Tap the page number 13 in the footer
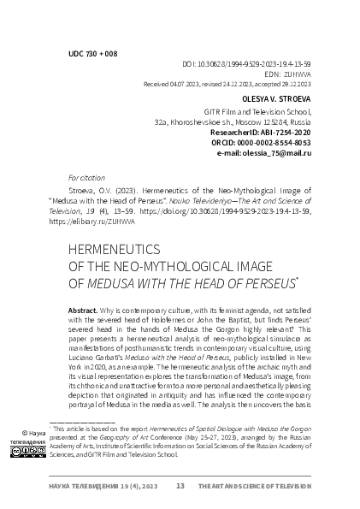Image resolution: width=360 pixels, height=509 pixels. [x=180, y=486]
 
